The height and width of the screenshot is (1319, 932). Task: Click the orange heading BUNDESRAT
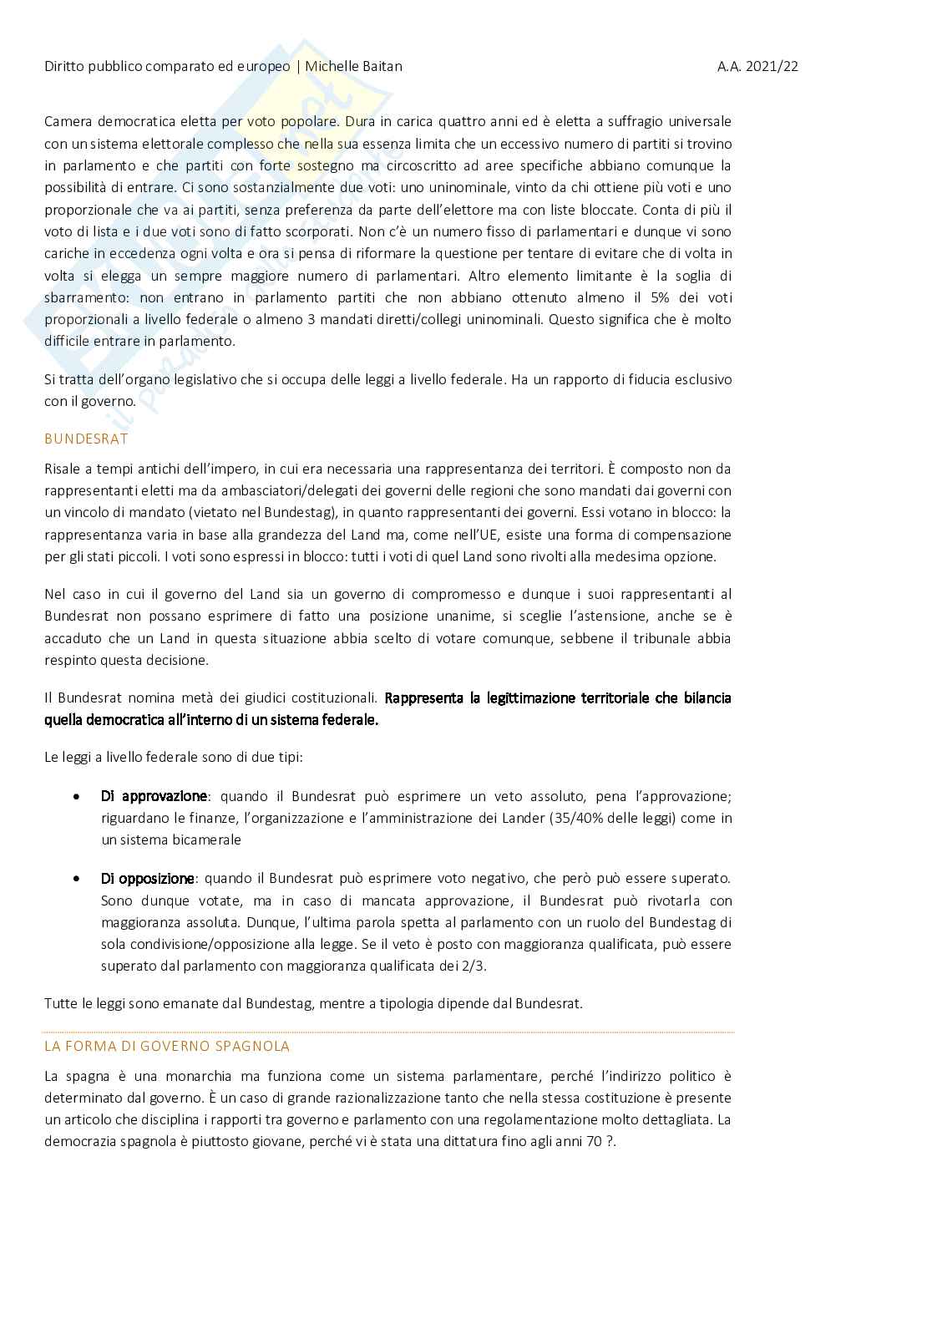point(86,439)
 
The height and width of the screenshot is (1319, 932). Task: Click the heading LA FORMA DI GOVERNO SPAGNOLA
point(167,1046)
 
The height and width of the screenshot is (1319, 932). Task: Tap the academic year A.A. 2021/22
point(757,66)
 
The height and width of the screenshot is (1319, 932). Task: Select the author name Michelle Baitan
point(354,66)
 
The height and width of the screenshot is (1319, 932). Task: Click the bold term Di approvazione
point(154,796)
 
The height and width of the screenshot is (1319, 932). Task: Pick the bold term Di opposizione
point(148,879)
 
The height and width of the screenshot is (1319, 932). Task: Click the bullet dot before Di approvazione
point(77,797)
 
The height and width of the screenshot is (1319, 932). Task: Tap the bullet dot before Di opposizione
point(77,879)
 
